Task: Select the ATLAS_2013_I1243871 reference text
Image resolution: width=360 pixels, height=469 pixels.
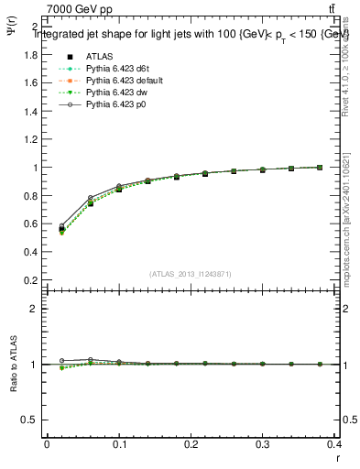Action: click(x=190, y=274)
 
